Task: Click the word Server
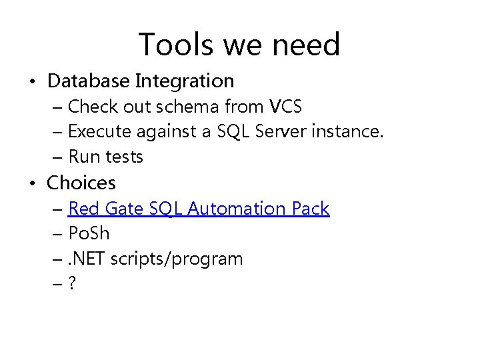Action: pos(284,131)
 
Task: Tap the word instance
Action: pos(351,131)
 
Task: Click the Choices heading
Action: pos(81,182)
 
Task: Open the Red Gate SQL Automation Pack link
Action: pos(199,209)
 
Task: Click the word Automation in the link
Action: pos(237,209)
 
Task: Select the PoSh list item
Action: pos(89,234)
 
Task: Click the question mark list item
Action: pos(72,284)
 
